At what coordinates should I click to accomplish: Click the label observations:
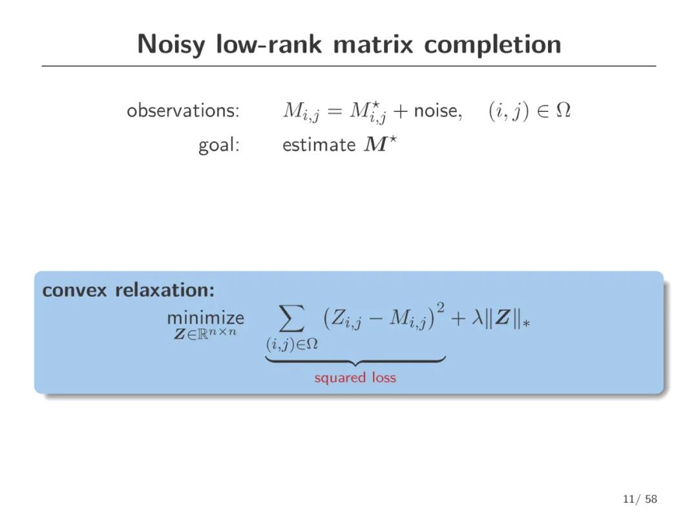[x=183, y=111]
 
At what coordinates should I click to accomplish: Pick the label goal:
[x=218, y=145]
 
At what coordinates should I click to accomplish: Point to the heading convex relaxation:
[x=128, y=290]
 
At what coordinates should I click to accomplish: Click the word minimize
[x=206, y=318]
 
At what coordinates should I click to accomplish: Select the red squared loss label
[x=355, y=377]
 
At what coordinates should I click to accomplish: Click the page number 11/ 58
[x=640, y=499]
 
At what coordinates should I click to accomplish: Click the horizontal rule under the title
[x=349, y=66]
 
